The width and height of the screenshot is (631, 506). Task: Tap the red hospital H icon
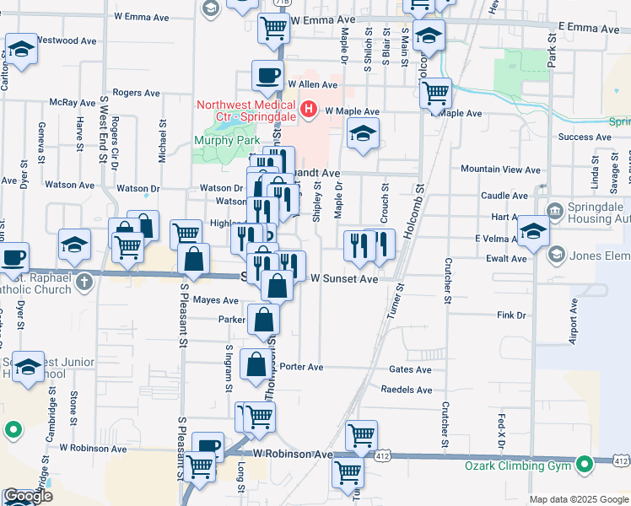point(310,109)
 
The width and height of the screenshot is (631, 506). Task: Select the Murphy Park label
point(226,140)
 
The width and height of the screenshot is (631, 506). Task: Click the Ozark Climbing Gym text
point(519,466)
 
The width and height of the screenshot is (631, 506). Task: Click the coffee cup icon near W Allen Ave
point(267,76)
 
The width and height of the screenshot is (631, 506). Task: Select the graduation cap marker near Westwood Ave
point(21,48)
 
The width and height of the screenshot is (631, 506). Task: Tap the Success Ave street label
point(578,136)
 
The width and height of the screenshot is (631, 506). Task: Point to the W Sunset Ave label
point(344,278)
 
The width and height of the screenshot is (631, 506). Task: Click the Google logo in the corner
point(28,496)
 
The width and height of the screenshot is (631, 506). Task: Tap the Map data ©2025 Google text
point(578,499)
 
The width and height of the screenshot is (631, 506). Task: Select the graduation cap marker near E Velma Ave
point(533,230)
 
